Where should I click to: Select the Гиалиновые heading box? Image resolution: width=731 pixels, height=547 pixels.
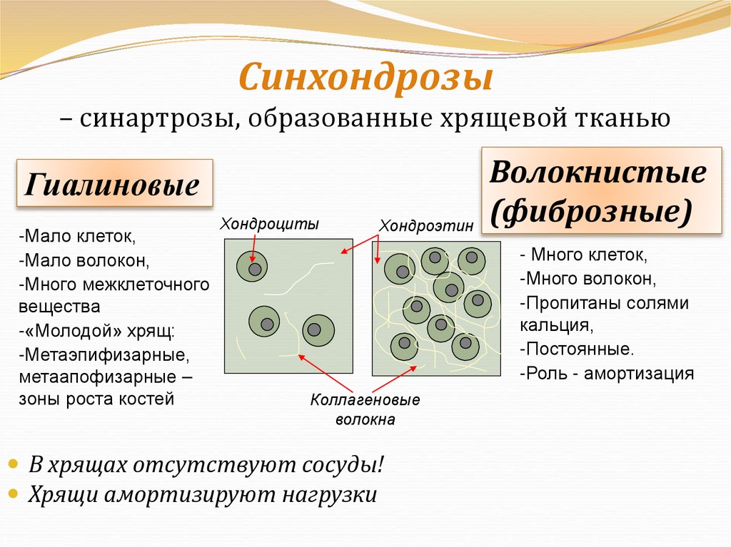pyautogui.click(x=114, y=184)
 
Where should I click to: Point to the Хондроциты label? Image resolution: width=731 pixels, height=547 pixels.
pyautogui.click(x=269, y=223)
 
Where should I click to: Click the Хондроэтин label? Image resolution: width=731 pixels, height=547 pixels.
pyautogui.click(x=425, y=225)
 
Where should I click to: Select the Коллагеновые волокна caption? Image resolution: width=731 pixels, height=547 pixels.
pyautogui.click(x=365, y=409)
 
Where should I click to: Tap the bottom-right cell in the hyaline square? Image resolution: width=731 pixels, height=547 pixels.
pyautogui.click(x=318, y=330)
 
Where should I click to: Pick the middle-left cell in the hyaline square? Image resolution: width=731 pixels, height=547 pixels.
pyautogui.click(x=265, y=323)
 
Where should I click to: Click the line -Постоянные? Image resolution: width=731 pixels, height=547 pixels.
pyautogui.click(x=576, y=349)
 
